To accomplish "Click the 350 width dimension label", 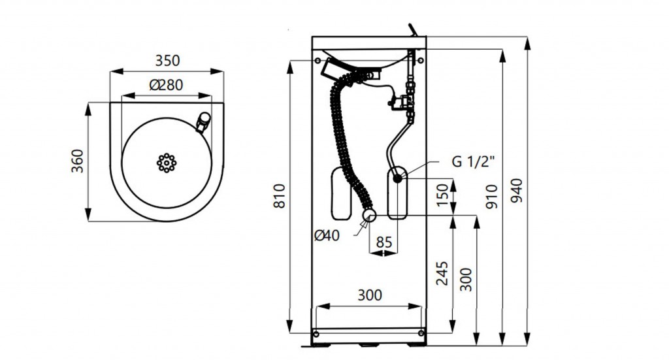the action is coord(167,61).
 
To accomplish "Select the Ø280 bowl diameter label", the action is coord(167,85).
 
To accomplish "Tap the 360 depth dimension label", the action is coord(77,161).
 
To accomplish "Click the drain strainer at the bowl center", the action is coord(167,163).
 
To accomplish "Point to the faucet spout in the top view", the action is coord(203,121).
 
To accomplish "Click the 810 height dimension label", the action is coord(279,196).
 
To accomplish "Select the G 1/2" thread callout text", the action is coord(474,161).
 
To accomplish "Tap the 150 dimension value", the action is coord(443,195).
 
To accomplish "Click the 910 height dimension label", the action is coord(492,196).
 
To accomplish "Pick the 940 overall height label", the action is coord(516,190).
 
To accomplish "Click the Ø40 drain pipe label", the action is coord(327,235).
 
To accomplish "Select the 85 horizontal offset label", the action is coord(384,242).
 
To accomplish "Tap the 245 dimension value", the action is coord(442,273).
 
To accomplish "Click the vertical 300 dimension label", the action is coord(466,280).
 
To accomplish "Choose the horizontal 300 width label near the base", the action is coord(370,295).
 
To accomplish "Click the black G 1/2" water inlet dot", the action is coord(398,178).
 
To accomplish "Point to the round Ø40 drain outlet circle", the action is coord(369,216).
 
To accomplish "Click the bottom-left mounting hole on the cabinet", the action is coord(316,333).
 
